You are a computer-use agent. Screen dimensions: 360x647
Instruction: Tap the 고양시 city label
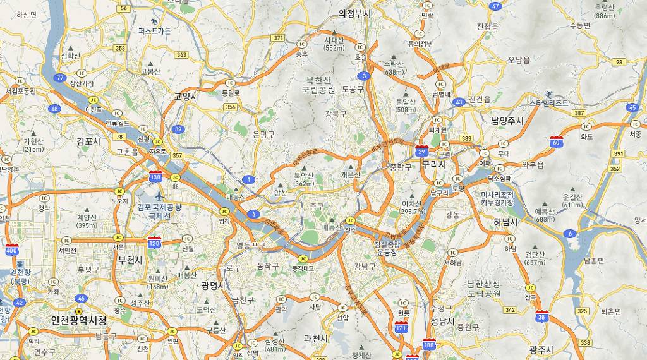pyautogui.click(x=186, y=97)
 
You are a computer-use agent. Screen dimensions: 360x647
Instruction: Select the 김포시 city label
pyautogui.click(x=88, y=141)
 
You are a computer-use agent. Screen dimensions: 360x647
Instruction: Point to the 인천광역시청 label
pyautogui.click(x=79, y=320)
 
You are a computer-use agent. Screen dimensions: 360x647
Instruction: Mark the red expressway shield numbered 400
pyautogui.click(x=11, y=249)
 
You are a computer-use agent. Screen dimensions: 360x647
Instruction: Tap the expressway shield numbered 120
pyautogui.click(x=154, y=241)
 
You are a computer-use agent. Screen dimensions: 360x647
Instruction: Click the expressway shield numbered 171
pyautogui.click(x=401, y=328)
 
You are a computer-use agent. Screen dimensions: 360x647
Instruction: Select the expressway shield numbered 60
pyautogui.click(x=556, y=142)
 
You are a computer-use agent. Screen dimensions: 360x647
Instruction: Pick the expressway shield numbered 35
pyautogui.click(x=541, y=316)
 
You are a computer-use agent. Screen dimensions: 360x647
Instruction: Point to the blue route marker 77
pyautogui.click(x=60, y=78)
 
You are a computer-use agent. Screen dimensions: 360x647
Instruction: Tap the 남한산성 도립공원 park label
pyautogui.click(x=483, y=289)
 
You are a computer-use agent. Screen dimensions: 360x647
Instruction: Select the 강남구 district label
pyautogui.click(x=365, y=266)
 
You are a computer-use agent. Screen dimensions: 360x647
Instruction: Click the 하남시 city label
pyautogui.click(x=505, y=222)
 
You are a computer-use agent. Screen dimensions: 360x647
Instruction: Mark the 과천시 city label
pyautogui.click(x=316, y=338)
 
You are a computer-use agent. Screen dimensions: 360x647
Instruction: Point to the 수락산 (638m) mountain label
pyautogui.click(x=394, y=68)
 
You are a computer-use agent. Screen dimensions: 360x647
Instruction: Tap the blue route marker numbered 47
pyautogui.click(x=495, y=6)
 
